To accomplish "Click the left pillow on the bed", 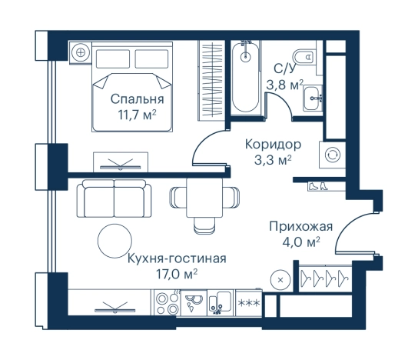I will pyautogui.click(x=112, y=58).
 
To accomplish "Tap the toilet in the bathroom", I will pyautogui.click(x=307, y=55).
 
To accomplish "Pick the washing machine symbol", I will pyautogui.click(x=333, y=154).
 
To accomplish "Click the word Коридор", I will pyautogui.click(x=272, y=144).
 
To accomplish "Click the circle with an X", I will pyautogui.click(x=283, y=278).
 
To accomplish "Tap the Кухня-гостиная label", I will pyautogui.click(x=177, y=258).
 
